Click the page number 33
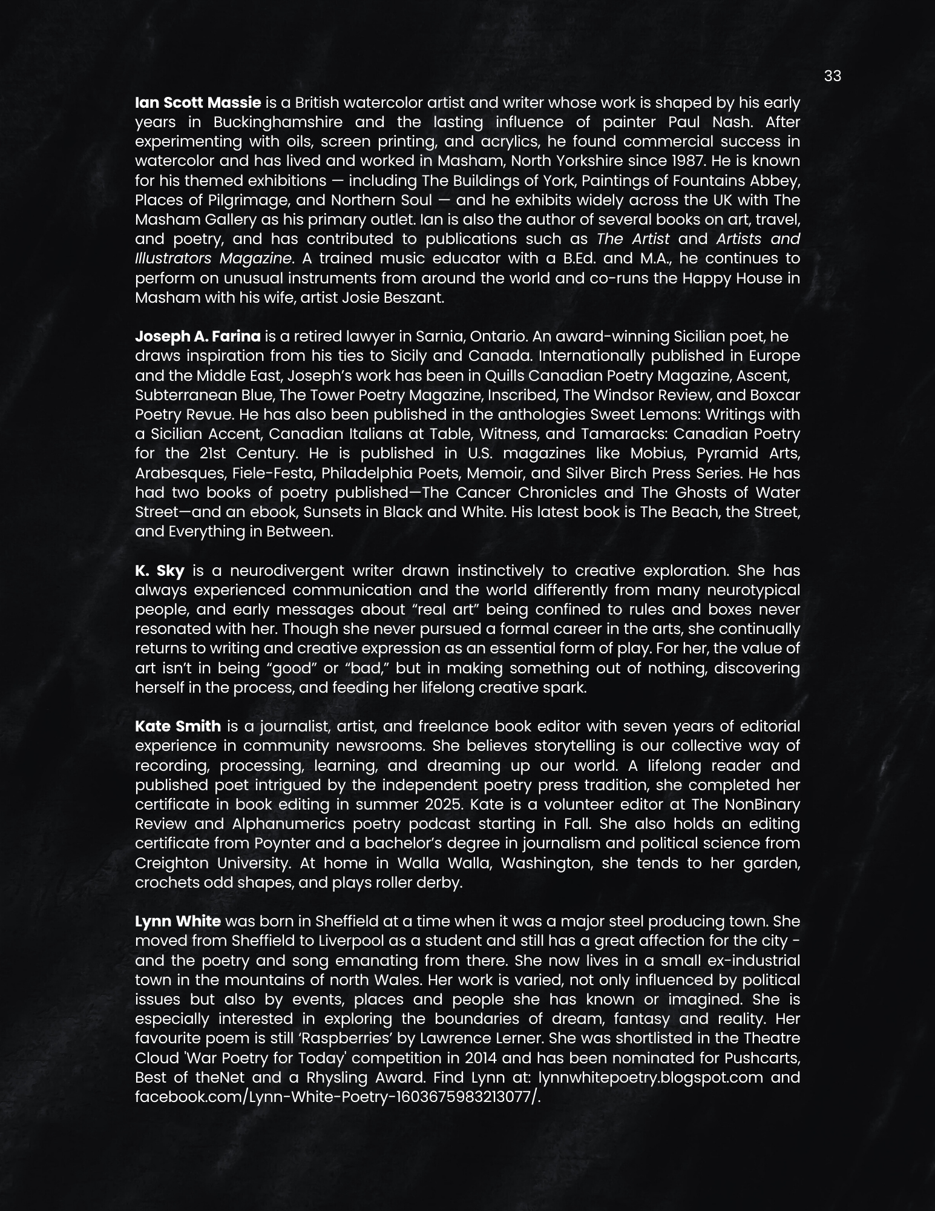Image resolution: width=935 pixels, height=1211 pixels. (x=832, y=76)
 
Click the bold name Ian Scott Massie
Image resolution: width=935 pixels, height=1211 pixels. (x=198, y=102)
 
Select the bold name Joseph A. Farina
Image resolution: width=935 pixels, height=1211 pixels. (x=198, y=336)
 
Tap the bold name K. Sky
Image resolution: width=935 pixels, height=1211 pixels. (x=160, y=570)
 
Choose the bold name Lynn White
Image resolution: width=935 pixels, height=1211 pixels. (x=178, y=921)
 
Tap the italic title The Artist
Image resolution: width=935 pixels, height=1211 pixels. (x=633, y=239)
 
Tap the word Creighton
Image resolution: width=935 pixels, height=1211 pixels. (x=171, y=863)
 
